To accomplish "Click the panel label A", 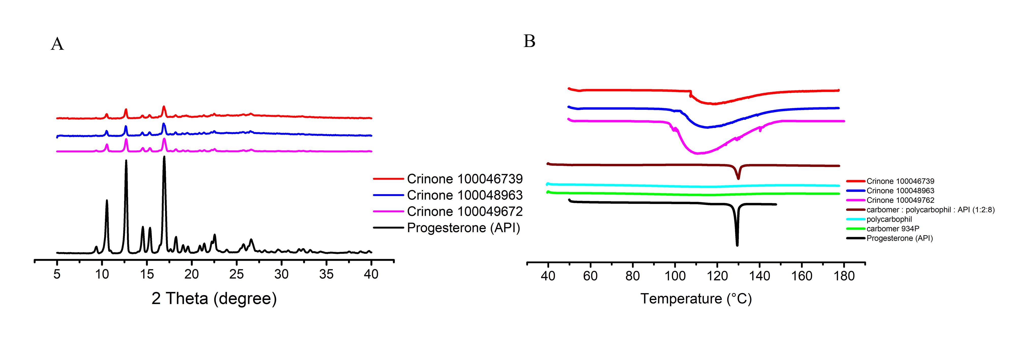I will pos(57,44).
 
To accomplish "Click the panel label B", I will pos(529,41).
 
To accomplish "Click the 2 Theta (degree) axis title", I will pos(214,299).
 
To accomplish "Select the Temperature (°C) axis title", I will pos(696,299).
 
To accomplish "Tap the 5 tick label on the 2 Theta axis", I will pos(57,274).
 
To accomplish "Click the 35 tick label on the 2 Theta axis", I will pos(326,274).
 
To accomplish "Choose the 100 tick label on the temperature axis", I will pos(675,276).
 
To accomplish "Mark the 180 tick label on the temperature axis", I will pos(844,276).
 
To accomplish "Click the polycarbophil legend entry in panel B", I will pos(889,219).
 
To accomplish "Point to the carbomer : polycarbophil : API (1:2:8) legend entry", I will pos(930,210).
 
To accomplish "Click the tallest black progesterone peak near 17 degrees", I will pos(164,157).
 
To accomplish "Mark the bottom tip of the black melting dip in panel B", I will pos(737,245).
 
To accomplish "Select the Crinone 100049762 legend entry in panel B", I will pos(900,200).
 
